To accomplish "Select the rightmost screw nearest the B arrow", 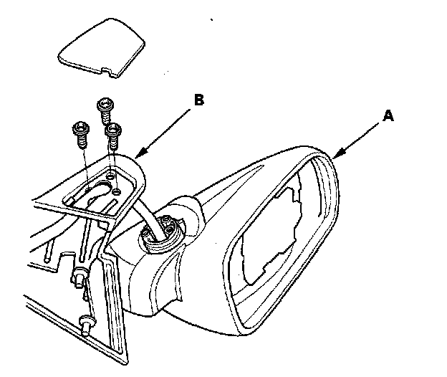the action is (x=113, y=133).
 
